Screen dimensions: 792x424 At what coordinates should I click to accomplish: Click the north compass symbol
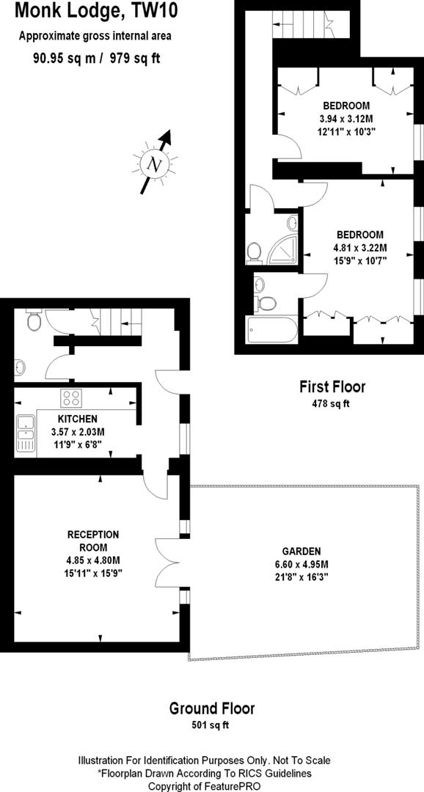click(155, 164)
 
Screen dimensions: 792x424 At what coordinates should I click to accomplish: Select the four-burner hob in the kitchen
click(71, 398)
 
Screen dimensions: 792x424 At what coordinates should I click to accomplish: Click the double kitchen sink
click(26, 433)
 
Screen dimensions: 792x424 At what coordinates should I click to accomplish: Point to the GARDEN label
click(301, 551)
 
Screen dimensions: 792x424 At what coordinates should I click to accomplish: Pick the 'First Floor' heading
click(332, 386)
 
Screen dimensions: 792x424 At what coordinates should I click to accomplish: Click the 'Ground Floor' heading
click(212, 708)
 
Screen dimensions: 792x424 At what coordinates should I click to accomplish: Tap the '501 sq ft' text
click(212, 725)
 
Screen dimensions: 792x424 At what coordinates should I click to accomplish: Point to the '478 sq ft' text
click(332, 403)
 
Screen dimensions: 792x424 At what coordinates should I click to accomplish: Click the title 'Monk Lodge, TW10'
click(95, 11)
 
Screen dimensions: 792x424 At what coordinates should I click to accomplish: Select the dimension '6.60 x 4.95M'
click(301, 565)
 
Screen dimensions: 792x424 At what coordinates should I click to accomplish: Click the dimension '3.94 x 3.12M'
click(346, 119)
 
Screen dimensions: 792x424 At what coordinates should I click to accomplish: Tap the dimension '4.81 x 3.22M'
click(359, 247)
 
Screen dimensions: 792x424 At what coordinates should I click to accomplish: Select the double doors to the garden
click(167, 552)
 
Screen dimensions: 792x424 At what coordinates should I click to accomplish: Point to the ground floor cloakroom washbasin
click(20, 366)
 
